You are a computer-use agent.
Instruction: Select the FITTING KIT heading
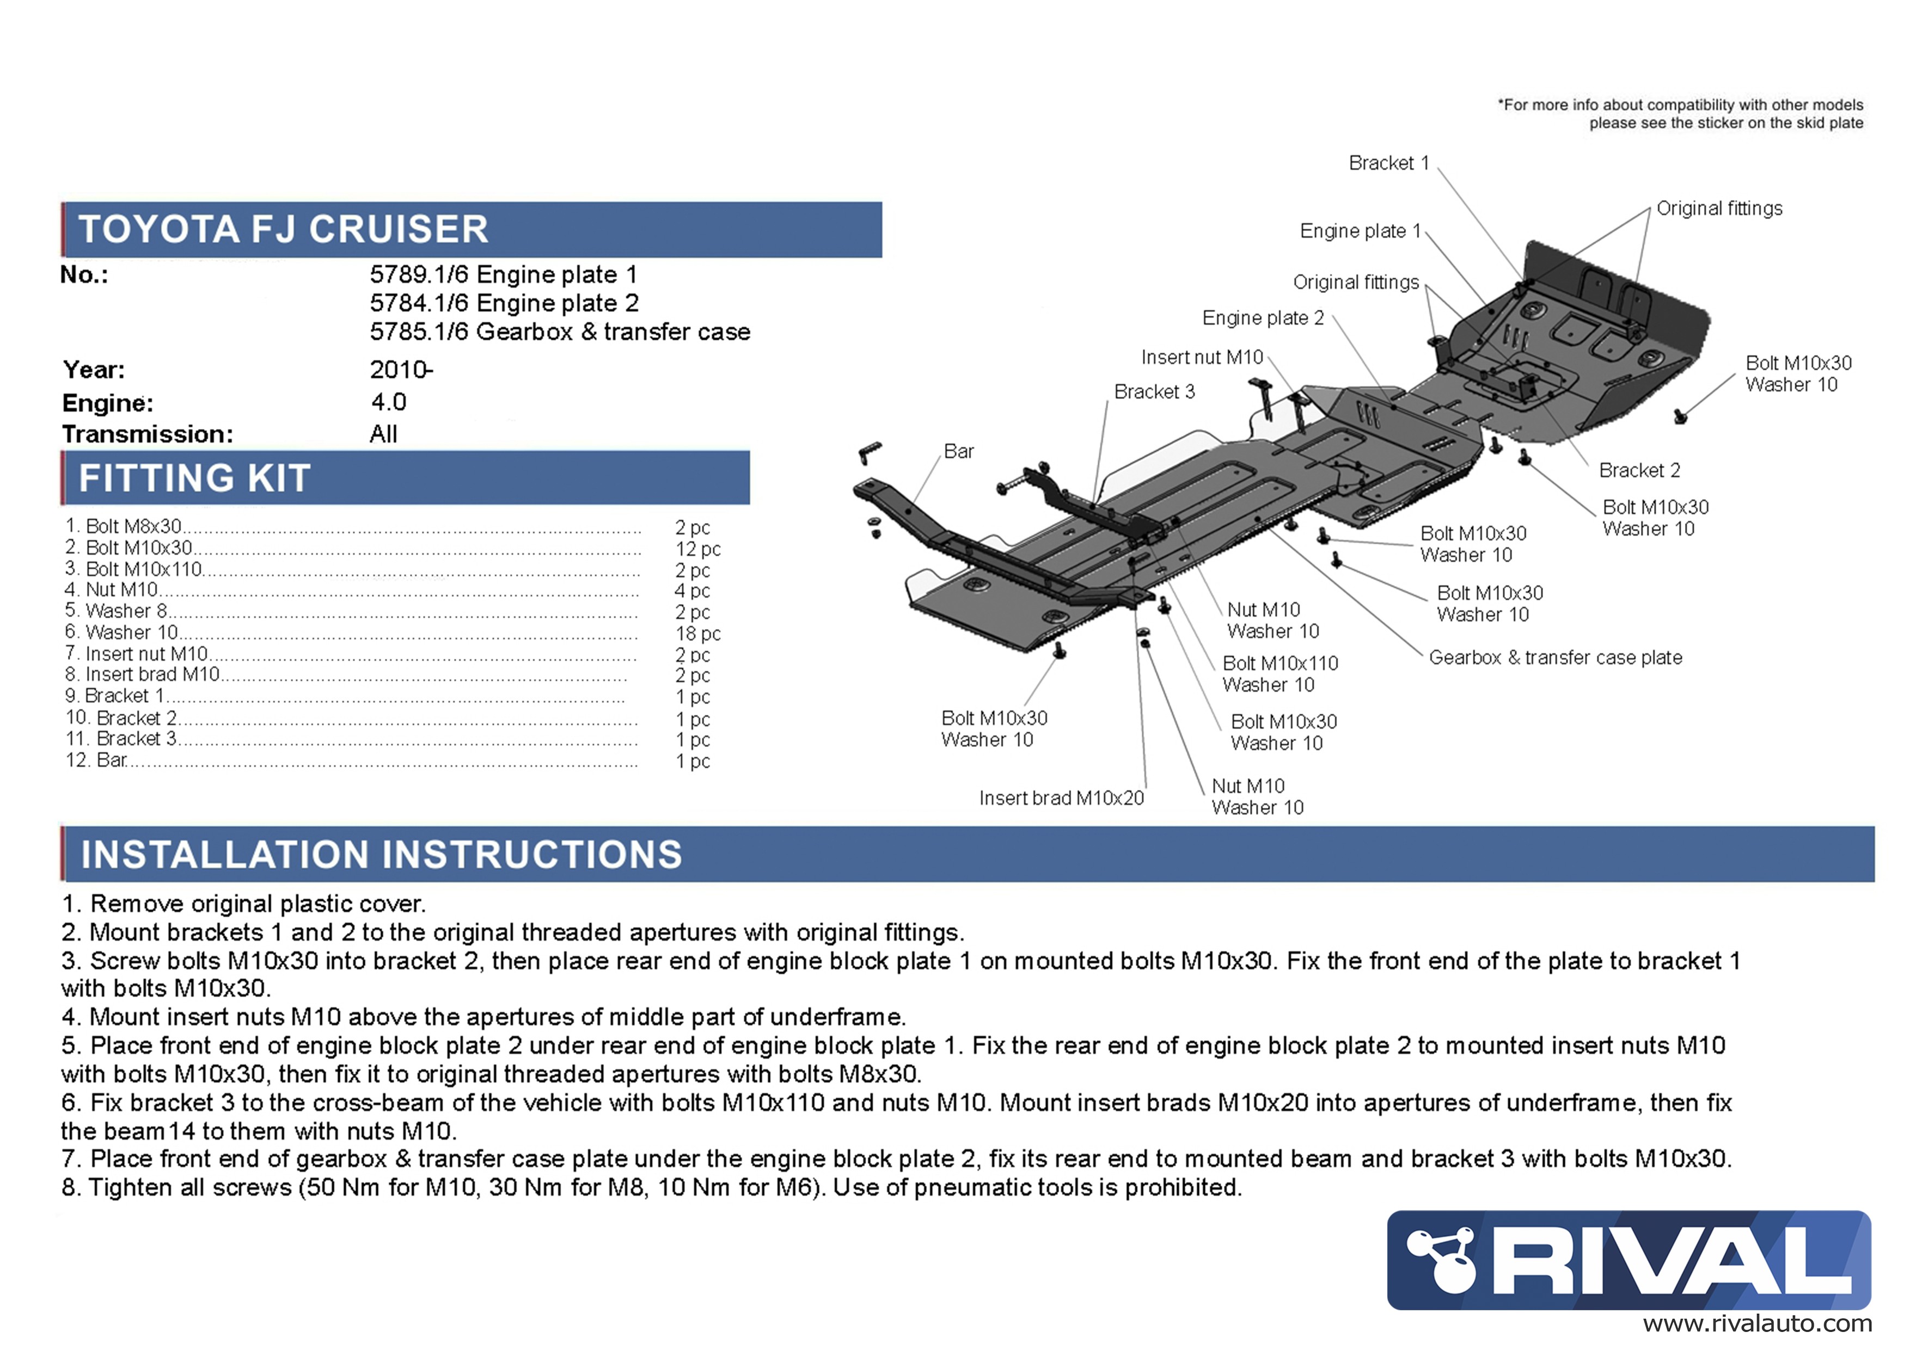[195, 478]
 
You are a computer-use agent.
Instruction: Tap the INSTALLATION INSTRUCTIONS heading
[382, 854]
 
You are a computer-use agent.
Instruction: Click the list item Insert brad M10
[142, 674]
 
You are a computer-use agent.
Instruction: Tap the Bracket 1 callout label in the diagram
[1388, 163]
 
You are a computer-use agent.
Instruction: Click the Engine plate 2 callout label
[1263, 318]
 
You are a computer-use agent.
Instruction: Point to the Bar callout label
[958, 451]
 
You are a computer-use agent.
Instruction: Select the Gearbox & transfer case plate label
[1556, 657]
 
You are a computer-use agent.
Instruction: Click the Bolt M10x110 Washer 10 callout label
[1280, 674]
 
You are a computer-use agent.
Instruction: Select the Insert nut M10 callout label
[1202, 357]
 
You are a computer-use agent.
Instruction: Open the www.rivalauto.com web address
[1757, 1324]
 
